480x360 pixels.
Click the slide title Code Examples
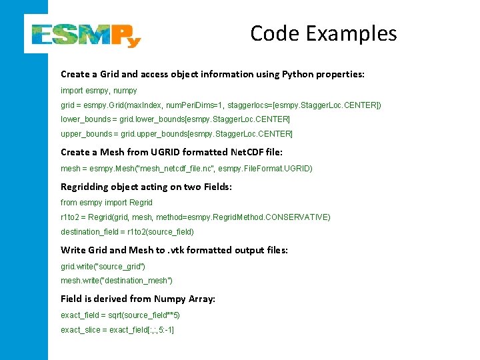[x=323, y=33]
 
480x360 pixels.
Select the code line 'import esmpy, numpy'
[x=99, y=90]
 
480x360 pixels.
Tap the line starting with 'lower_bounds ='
[x=175, y=119]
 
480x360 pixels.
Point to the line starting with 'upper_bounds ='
[x=176, y=134]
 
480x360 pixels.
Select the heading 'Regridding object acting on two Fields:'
[x=146, y=187]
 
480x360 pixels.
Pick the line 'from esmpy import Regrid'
[x=107, y=202]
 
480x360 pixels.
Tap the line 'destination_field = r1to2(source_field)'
[x=127, y=232]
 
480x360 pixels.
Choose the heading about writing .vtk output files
[x=174, y=250]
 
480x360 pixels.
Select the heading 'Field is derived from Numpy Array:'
[x=138, y=299]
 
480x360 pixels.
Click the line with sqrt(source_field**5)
[x=120, y=315]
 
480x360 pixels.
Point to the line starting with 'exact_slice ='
[x=117, y=330]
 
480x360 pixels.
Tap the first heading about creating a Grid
[x=213, y=74]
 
